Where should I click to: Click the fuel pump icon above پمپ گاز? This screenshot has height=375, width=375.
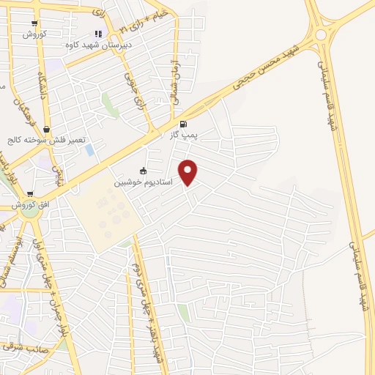coord(182,124)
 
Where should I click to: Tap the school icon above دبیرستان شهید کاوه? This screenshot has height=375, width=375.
coord(98,34)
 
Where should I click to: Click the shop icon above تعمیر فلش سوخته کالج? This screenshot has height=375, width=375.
coord(48,130)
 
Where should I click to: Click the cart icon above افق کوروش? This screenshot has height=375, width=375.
coord(30,195)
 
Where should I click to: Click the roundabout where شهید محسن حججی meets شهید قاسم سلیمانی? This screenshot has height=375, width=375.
coord(321,34)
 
